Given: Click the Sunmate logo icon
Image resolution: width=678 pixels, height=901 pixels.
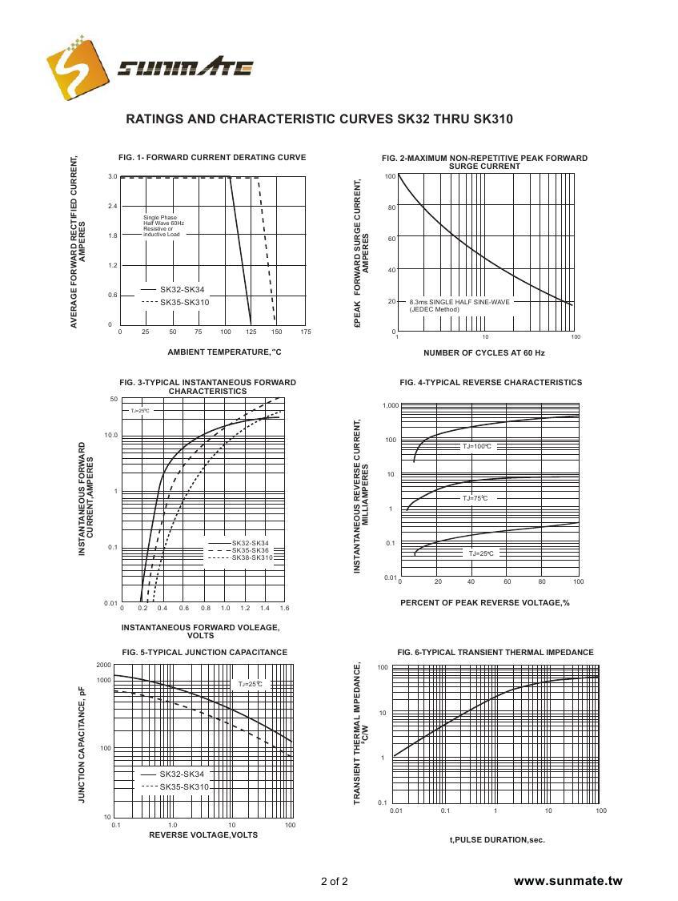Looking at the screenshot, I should click(77, 69).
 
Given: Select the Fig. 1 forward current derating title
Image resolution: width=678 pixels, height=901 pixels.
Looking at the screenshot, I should click(212, 158).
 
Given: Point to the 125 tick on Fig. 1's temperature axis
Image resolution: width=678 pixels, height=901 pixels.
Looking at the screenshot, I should click(251, 332).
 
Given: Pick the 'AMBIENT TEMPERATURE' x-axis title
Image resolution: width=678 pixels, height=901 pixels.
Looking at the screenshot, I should click(224, 352).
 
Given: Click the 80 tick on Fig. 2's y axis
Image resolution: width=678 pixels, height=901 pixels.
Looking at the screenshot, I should click(391, 207).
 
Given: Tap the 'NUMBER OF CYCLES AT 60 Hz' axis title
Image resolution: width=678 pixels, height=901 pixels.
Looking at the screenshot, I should click(483, 352).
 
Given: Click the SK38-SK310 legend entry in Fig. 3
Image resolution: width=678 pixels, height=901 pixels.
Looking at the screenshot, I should click(251, 557).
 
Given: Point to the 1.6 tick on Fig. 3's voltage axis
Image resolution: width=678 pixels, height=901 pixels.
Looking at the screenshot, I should click(283, 609).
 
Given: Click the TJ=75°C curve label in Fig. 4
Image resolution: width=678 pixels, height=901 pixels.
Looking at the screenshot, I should click(474, 498).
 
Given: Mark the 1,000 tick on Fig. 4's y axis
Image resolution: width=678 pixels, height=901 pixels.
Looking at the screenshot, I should click(390, 406).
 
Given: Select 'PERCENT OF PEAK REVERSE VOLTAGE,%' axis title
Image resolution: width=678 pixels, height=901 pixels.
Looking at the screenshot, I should click(485, 603).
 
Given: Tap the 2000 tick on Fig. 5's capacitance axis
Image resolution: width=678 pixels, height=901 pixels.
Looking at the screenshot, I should click(103, 666).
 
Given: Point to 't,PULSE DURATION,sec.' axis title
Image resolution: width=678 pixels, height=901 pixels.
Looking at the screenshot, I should click(496, 840).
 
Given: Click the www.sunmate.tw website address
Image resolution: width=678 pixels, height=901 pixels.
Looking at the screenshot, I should click(568, 881).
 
